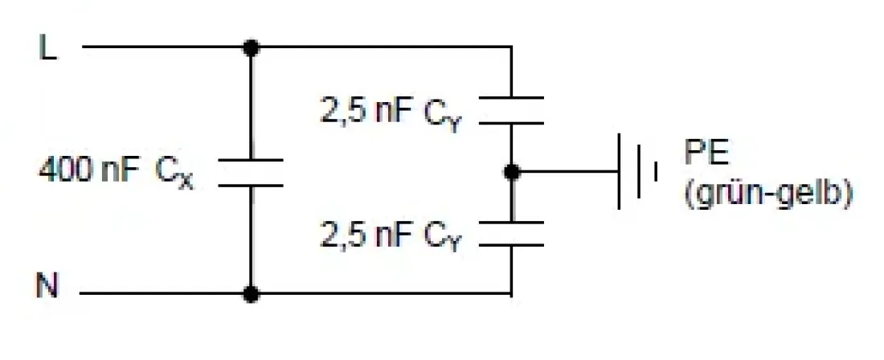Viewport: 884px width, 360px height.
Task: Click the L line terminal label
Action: [48, 48]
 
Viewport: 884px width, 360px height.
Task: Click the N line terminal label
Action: [48, 287]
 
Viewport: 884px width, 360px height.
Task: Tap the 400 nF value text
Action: [89, 170]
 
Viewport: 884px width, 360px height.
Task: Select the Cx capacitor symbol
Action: [251, 172]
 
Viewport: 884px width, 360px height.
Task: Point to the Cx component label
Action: [174, 173]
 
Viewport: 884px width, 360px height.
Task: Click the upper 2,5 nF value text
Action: [366, 110]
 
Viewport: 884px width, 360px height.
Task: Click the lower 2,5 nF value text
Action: [366, 235]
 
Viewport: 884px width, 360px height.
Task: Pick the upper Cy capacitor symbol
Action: [512, 110]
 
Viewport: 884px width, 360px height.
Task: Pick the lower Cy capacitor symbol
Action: [512, 233]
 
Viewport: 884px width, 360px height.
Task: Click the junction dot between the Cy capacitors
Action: [512, 171]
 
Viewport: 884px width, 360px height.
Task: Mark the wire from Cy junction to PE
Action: [567, 171]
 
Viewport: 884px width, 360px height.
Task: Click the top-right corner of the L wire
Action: [512, 47]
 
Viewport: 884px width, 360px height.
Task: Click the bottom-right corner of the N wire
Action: [512, 294]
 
